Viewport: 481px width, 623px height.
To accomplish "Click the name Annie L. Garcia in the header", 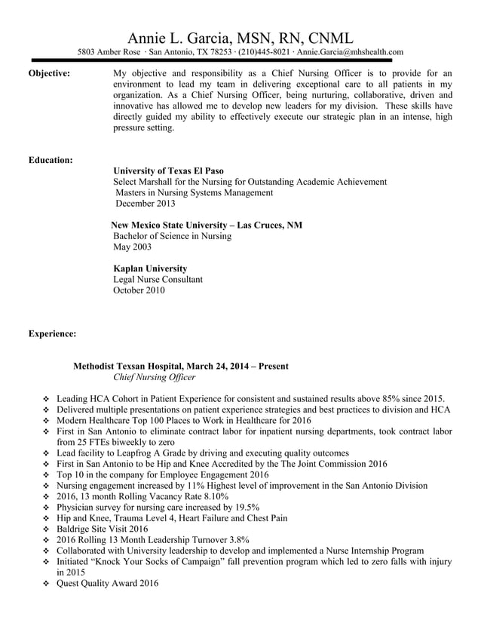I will (181, 38).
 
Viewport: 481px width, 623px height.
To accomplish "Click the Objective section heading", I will (49, 73).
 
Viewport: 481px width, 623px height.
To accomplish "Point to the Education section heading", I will (50, 160).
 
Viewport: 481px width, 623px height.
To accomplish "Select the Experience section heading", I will (51, 333).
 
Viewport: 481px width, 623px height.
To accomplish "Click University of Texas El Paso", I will (168, 171).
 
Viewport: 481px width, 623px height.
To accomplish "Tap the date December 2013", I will (145, 204).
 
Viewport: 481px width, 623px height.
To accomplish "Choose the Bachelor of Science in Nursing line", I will (172, 236).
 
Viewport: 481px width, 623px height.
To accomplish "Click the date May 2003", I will (132, 247).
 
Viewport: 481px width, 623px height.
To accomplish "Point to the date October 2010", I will (139, 290).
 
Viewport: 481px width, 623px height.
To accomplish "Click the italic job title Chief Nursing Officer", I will (154, 377).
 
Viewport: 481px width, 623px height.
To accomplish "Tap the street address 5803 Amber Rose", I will (109, 52).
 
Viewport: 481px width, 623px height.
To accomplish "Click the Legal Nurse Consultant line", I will (158, 279).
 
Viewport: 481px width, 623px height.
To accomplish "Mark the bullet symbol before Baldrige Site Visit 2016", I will (47, 529).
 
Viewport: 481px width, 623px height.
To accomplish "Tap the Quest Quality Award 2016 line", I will (108, 584).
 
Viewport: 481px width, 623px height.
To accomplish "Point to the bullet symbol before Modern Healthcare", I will (47, 421).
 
